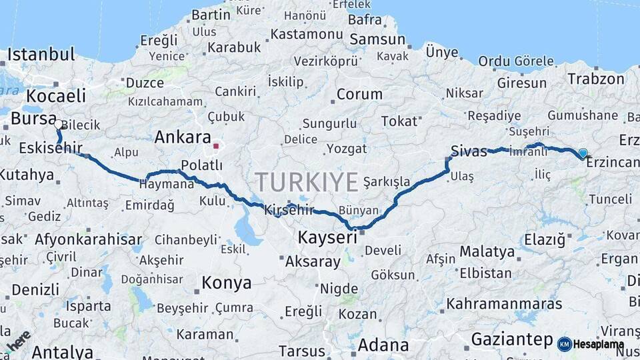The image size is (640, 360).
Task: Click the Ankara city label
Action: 182,138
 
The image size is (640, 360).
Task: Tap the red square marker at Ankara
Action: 215,144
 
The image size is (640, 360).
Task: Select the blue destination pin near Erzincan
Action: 583,153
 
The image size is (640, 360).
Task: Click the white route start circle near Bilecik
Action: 59,124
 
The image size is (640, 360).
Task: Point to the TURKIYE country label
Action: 307,181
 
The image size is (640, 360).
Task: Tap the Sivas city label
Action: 469,151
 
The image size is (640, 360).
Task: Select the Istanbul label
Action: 41,55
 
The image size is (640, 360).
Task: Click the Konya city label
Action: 227,283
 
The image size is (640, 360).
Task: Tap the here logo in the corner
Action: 18,340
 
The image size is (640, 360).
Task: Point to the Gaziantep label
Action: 512,339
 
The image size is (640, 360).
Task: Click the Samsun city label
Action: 377,39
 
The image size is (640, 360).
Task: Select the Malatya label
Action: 487,252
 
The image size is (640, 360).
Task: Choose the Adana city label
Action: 383,345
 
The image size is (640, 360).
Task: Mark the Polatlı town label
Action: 201,165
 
